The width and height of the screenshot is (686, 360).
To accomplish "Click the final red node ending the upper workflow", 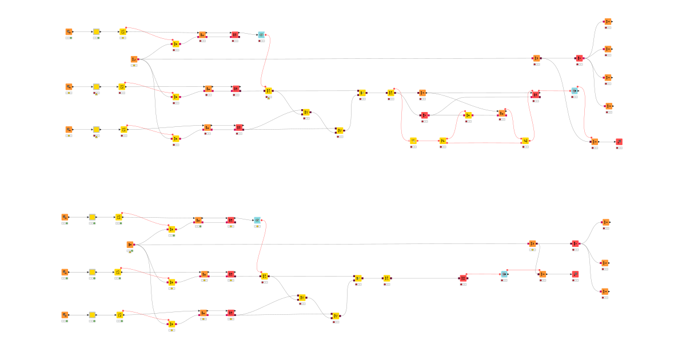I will coord(619,141).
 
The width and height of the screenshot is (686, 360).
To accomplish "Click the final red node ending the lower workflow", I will coord(575,274).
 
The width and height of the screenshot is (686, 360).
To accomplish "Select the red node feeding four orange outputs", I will coord(579,58).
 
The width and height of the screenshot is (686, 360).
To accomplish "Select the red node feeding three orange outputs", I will coord(575,244).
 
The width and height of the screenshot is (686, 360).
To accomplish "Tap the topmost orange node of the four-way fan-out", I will coord(608,22).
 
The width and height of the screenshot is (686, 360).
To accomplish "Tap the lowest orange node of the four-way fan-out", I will coord(608,106).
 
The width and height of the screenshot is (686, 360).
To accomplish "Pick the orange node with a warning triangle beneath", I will coord(130,245).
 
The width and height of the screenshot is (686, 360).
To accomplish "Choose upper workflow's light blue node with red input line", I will coord(575,91).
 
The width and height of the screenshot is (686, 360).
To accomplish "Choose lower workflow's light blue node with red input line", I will coord(504,274).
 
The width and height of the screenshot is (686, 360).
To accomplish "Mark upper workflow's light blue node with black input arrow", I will coord(261,35).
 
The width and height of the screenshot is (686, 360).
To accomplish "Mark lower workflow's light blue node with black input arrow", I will coord(257,220).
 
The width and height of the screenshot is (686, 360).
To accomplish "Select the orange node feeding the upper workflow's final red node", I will coord(595,141).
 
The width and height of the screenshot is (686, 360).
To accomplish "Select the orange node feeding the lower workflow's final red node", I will coord(542,274).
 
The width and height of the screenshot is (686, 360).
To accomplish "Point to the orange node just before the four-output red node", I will coord(536,58).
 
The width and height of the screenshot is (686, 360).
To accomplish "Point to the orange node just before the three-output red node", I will coord(532,244).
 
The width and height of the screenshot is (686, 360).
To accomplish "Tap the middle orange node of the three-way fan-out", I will coord(605,262).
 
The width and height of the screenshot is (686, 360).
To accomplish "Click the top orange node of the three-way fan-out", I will coord(605,222).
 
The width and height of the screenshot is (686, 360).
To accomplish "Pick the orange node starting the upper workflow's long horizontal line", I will coord(134,59).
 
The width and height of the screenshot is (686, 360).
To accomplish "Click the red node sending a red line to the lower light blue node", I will coord(463,278).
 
